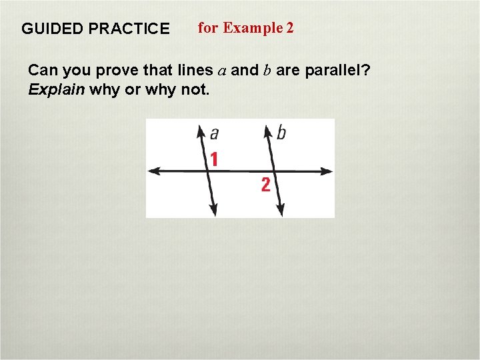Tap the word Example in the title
click(x=253, y=28)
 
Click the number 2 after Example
click(x=289, y=28)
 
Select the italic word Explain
click(x=56, y=89)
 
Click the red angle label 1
click(x=214, y=159)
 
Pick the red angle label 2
click(x=265, y=185)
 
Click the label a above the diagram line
click(x=214, y=133)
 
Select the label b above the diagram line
click(x=281, y=133)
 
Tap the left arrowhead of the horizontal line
click(x=152, y=171)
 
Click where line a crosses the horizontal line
click(x=207, y=171)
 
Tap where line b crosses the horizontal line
click(x=273, y=171)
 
